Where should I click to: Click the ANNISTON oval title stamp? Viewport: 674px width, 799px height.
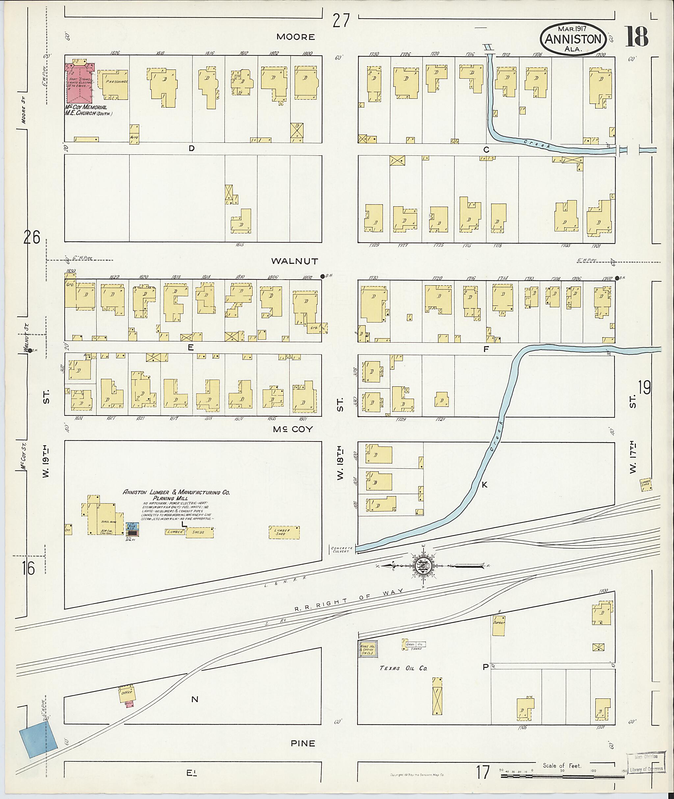(x=572, y=38)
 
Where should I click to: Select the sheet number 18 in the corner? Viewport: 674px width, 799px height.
(x=636, y=37)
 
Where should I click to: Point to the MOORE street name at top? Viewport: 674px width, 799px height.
(x=296, y=37)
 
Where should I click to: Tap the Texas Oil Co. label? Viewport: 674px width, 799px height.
(x=403, y=668)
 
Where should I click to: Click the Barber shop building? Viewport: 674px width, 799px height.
(x=499, y=625)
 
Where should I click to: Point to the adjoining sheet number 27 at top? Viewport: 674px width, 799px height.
(x=341, y=21)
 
